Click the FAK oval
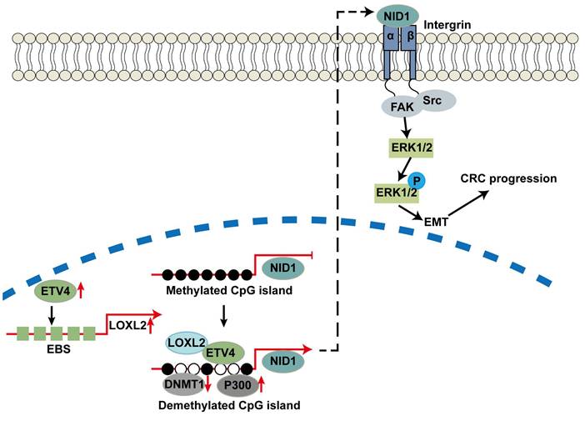pos(399,107)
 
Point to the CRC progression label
pos(508,178)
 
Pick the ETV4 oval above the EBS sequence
pos(52,292)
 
